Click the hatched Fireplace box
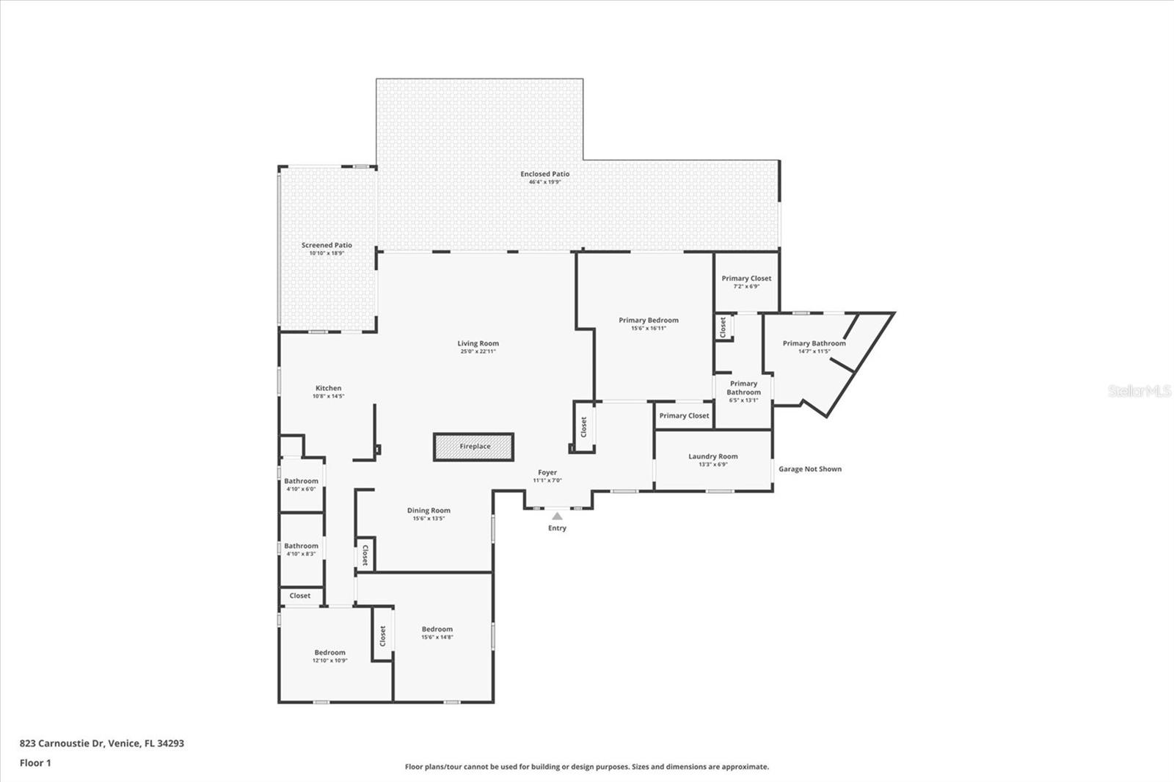(x=474, y=447)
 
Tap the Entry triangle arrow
(x=557, y=516)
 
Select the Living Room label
(x=478, y=343)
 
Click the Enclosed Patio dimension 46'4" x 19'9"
(x=544, y=182)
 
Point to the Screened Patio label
(x=327, y=246)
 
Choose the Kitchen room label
(x=328, y=388)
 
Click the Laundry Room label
(x=712, y=456)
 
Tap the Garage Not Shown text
(x=809, y=469)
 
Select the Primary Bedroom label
(x=648, y=321)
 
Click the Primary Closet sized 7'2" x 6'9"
(x=745, y=279)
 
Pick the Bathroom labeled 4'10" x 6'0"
(x=301, y=482)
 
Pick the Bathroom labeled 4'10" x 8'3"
(x=301, y=547)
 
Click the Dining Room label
(x=429, y=511)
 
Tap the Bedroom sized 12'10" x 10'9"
(x=329, y=653)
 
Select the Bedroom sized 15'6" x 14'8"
(x=437, y=629)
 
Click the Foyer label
(x=547, y=473)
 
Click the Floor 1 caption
(x=35, y=763)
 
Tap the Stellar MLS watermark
(x=1139, y=392)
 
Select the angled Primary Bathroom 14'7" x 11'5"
(x=814, y=343)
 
